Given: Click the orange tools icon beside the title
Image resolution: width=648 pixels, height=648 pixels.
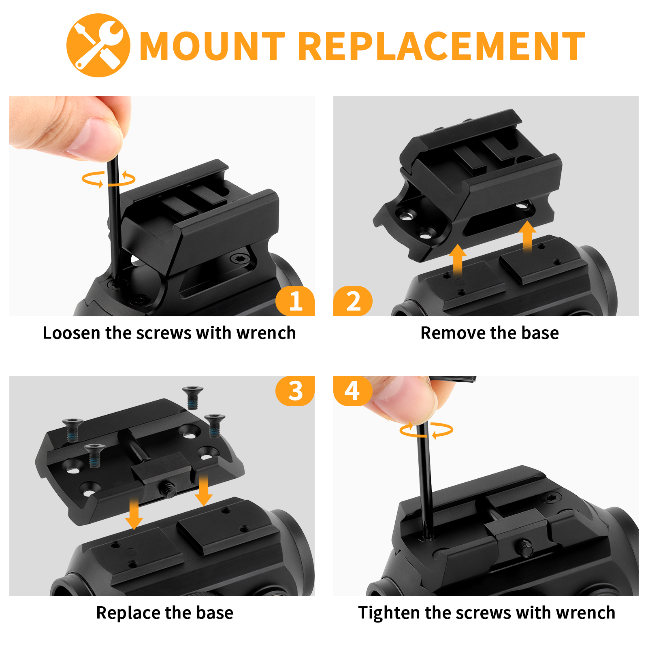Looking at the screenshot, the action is [x=98, y=45].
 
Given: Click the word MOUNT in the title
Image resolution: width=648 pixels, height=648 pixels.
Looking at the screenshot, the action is [x=213, y=46].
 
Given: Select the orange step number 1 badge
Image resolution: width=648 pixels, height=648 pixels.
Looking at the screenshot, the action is [x=295, y=301].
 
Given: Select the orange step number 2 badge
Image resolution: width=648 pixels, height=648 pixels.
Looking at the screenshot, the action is [x=353, y=301].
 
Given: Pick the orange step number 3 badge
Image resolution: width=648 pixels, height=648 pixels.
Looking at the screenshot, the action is [x=295, y=391].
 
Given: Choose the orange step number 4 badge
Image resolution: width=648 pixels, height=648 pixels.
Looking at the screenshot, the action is [x=352, y=391].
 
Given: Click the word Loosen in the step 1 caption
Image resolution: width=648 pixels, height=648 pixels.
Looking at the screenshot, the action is [x=71, y=333].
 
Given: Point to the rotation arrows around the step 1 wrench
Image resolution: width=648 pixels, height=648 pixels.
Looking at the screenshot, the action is [x=109, y=179].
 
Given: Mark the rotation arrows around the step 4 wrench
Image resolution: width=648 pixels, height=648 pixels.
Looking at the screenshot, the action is [x=426, y=430].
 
